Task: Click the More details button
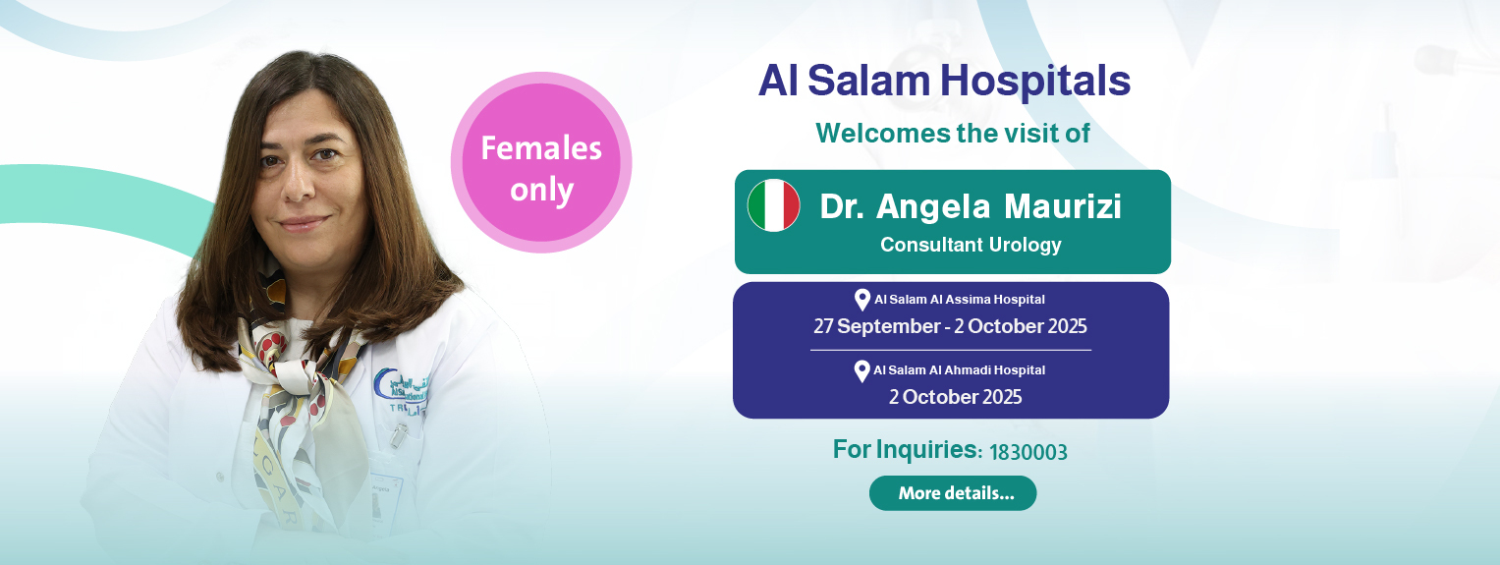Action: pyautogui.click(x=952, y=493)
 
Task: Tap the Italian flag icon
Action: pyautogui.click(x=773, y=205)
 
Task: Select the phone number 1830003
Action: pyautogui.click(x=1028, y=452)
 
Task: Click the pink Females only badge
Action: pyautogui.click(x=541, y=162)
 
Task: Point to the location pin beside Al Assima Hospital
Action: pyautogui.click(x=862, y=300)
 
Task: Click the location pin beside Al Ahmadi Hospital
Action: pyautogui.click(x=862, y=370)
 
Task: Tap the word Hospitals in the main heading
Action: pyautogui.click(x=1035, y=82)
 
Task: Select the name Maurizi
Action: pyautogui.click(x=1063, y=205)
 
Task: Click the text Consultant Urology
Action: pyautogui.click(x=971, y=245)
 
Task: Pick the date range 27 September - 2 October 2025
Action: pyautogui.click(x=950, y=326)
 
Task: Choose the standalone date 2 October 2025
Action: pyautogui.click(x=955, y=397)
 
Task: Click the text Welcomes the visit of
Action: pyautogui.click(x=952, y=133)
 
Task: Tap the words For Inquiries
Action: pyautogui.click(x=904, y=449)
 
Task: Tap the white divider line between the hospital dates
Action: pyautogui.click(x=951, y=350)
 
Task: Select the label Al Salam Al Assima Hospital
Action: pyautogui.click(x=959, y=300)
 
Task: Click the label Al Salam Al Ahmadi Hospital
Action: pyautogui.click(x=959, y=370)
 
